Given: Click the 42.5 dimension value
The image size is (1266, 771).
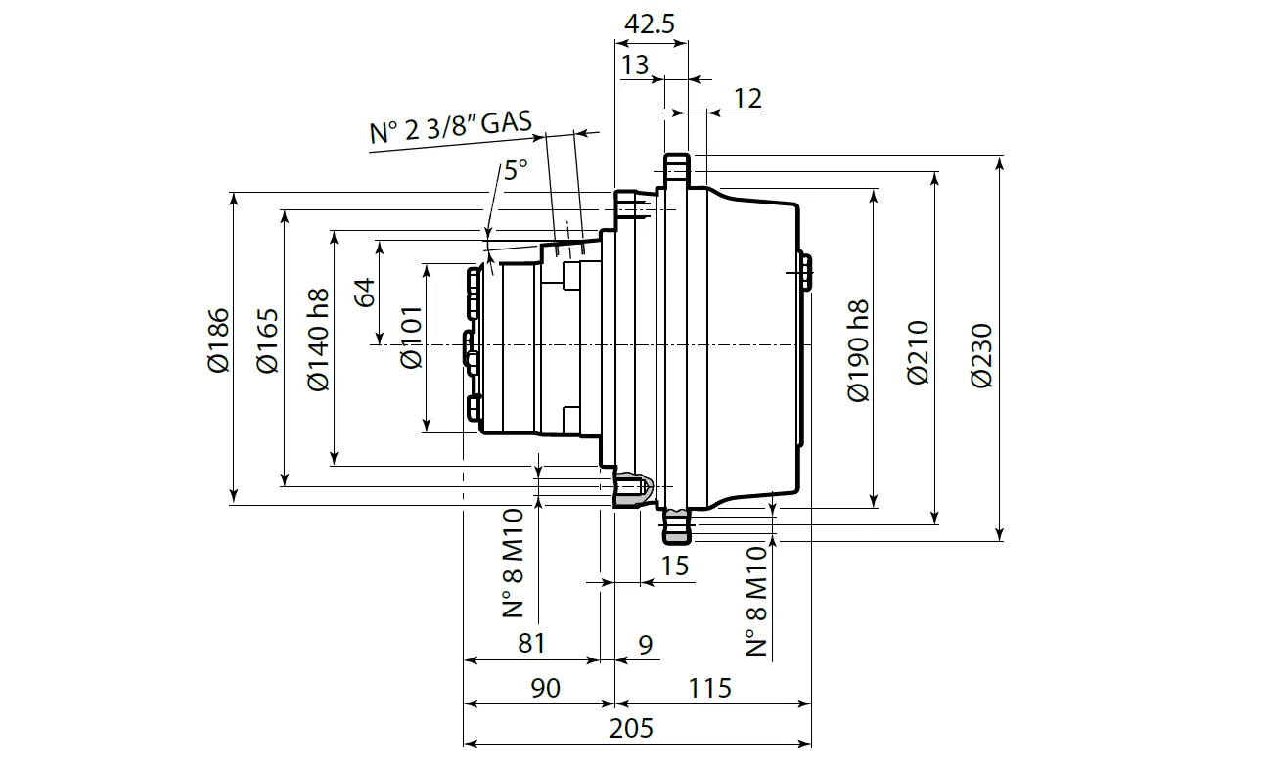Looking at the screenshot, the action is [x=650, y=24].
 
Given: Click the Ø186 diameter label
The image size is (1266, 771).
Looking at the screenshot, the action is [x=217, y=340].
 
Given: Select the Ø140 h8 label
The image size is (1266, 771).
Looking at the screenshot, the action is [x=316, y=340].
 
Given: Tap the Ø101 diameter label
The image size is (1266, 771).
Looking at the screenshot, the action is [x=411, y=338].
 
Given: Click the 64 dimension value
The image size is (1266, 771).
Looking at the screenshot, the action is [x=364, y=293].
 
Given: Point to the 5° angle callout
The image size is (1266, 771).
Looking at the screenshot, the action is [x=515, y=170].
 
